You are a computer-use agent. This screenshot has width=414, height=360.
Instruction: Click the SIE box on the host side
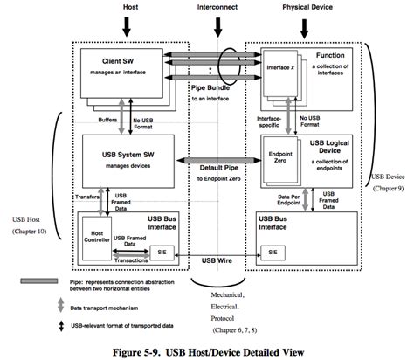click(160, 252)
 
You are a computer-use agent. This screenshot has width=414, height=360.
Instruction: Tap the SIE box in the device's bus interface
click(273, 252)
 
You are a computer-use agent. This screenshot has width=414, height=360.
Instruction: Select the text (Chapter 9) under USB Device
click(383, 190)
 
